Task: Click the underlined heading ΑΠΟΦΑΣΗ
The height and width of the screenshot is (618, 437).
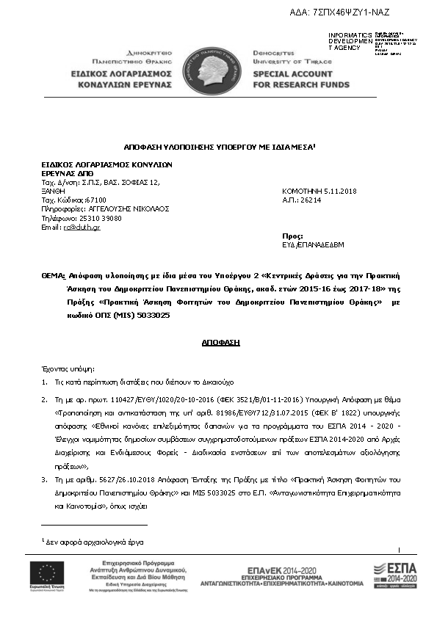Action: [x=218, y=342]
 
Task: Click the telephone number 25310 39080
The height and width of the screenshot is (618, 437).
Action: [x=92, y=218]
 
